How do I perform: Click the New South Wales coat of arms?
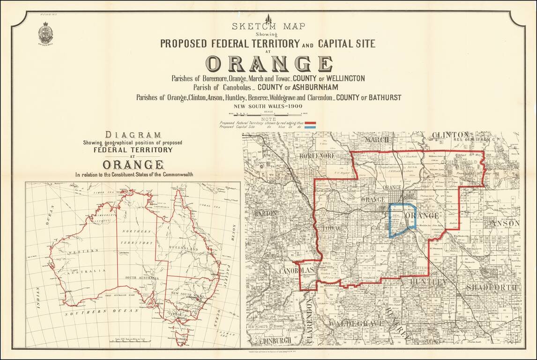[45, 34]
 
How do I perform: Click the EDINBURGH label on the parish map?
[271, 339]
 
